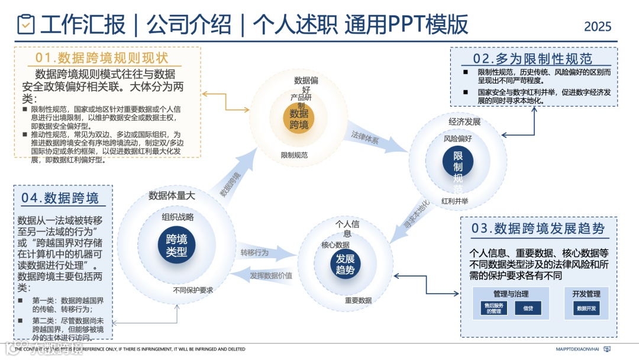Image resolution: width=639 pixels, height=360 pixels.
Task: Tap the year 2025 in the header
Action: pyautogui.click(x=598, y=27)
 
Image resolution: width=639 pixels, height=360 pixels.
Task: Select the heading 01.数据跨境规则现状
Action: pyautogui.click(x=102, y=57)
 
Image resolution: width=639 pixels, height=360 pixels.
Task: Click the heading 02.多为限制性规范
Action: pyautogui.click(x=532, y=59)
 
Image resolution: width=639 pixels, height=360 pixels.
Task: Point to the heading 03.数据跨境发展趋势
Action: pyautogui.click(x=538, y=229)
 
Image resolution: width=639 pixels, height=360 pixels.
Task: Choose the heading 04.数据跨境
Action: pyautogui.click(x=60, y=198)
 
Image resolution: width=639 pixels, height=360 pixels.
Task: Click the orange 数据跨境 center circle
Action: pyautogui.click(x=299, y=118)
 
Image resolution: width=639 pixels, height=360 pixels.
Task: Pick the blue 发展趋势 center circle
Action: pyautogui.click(x=345, y=265)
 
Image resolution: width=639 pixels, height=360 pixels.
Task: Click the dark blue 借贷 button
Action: pyautogui.click(x=528, y=308)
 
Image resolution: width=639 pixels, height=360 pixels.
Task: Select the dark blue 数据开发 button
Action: pyautogui.click(x=586, y=308)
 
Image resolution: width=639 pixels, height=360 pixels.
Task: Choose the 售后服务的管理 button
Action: pyautogui.click(x=493, y=308)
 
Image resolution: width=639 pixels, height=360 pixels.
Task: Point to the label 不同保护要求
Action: pyautogui.click(x=193, y=290)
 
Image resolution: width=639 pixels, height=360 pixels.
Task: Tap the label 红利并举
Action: pyautogui.click(x=454, y=201)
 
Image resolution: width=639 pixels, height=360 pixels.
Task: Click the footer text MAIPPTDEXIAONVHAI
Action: pyautogui.click(x=579, y=349)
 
